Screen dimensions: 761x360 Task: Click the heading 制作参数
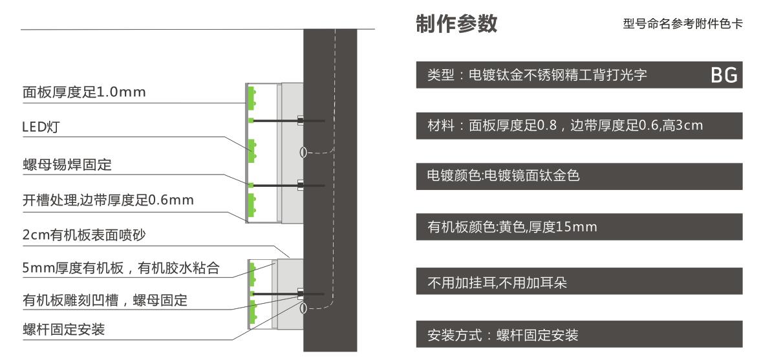point(456,24)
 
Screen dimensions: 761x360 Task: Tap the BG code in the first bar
point(724,75)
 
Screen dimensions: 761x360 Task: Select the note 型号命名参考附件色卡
point(682,25)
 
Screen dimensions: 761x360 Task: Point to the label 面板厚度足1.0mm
point(84,92)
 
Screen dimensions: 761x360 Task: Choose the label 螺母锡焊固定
point(67,164)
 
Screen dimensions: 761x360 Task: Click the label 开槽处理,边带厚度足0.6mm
point(108,200)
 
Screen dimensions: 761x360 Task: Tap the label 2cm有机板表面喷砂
point(84,235)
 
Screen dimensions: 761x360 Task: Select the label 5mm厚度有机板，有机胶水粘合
point(121,268)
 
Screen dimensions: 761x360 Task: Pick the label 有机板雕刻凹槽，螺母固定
point(105,300)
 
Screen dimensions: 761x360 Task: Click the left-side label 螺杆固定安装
point(63,330)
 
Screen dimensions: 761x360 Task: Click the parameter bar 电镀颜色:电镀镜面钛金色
point(579,176)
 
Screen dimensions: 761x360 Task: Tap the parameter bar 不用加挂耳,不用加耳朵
point(579,281)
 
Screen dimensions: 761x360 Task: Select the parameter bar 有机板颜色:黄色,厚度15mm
point(579,227)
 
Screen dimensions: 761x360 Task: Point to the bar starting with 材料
point(579,125)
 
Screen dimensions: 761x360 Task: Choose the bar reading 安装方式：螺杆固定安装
point(579,334)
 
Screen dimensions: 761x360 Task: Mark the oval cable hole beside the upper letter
point(303,153)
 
